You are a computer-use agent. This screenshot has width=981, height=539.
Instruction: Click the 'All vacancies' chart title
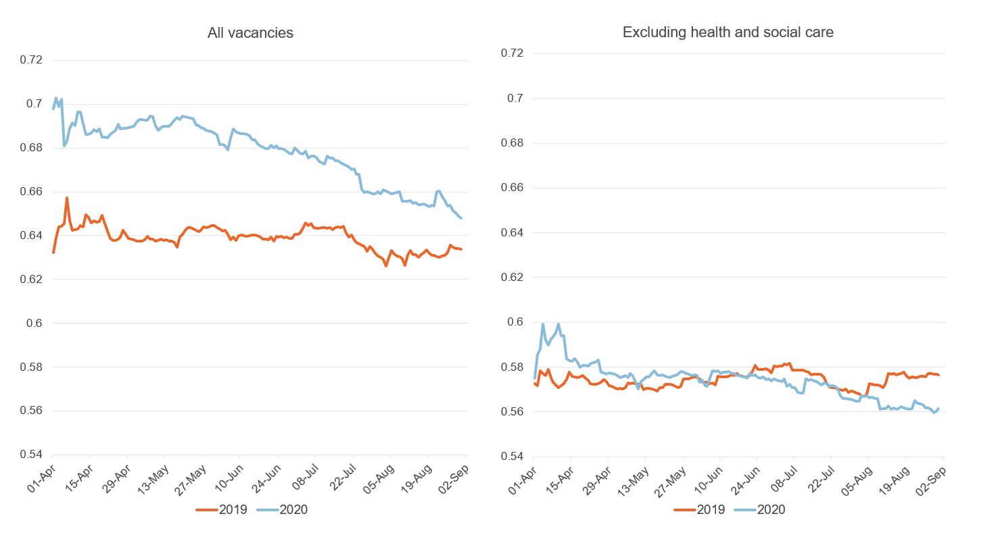coord(250,32)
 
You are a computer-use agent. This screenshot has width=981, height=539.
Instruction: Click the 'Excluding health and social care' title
coord(727,32)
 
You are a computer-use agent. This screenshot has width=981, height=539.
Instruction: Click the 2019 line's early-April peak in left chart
coord(67,198)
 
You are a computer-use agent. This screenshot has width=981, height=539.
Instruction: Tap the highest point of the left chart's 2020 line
coord(56,98)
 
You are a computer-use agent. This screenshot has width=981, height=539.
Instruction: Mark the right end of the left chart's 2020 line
coord(461,218)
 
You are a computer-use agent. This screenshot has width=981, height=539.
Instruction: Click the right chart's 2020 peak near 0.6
coord(543,324)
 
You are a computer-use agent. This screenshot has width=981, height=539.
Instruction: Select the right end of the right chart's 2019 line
coord(938,375)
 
